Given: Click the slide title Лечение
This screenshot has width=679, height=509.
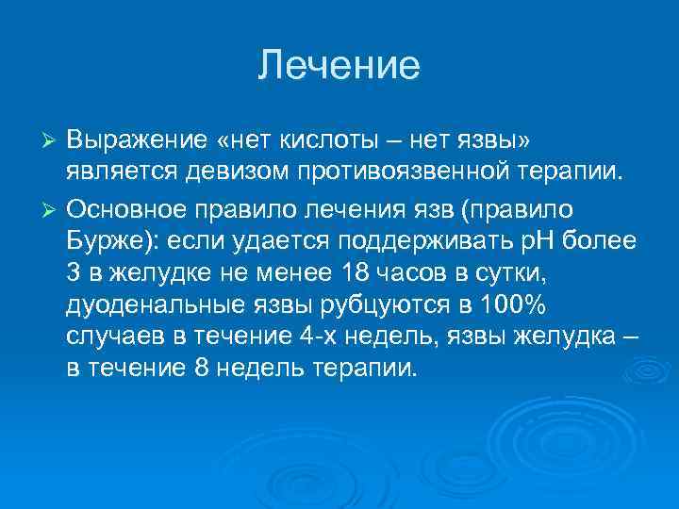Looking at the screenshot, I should (339, 66).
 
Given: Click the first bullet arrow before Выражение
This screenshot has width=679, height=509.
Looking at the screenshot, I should (52, 141).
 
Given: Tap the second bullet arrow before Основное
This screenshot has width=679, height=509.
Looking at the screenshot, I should (52, 206).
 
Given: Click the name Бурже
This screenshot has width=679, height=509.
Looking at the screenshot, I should (110, 238).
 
